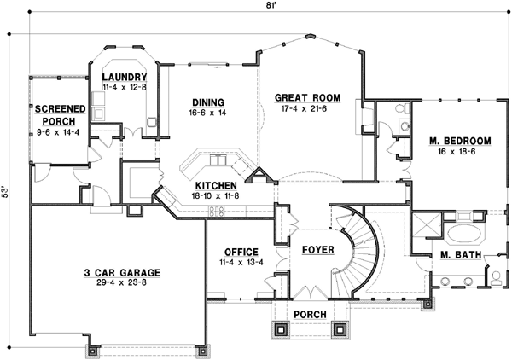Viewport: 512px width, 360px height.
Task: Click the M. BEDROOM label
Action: click(x=459, y=141)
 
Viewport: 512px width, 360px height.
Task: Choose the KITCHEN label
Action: click(x=217, y=185)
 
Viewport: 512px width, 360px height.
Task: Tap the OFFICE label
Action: click(x=241, y=252)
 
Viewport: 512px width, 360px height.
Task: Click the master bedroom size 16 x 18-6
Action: click(x=459, y=152)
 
